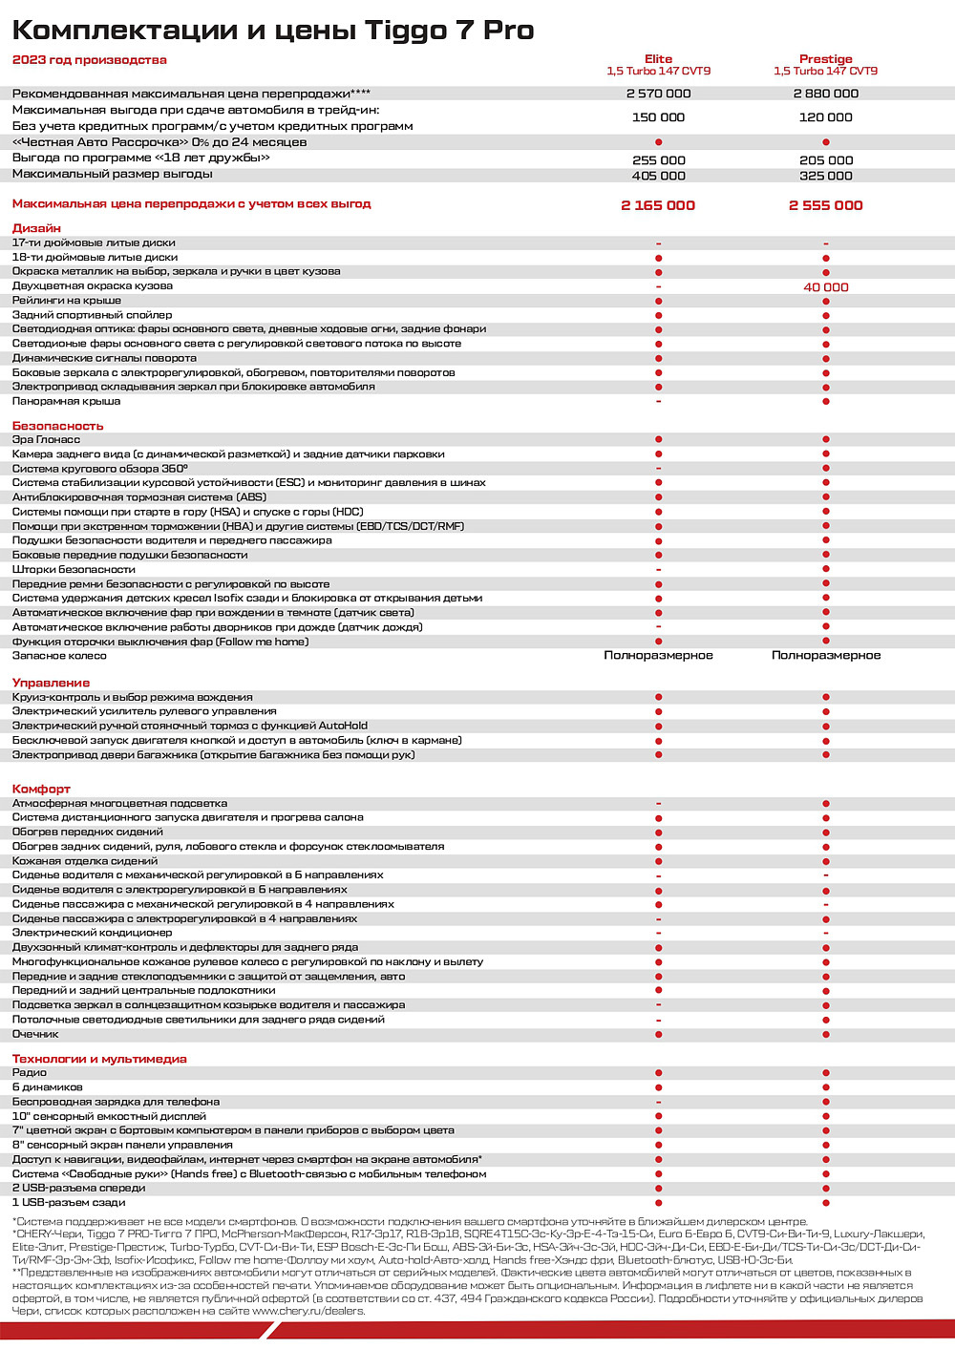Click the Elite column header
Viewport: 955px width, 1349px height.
[658, 59]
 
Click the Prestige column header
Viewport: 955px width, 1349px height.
[825, 59]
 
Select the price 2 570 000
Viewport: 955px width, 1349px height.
[658, 94]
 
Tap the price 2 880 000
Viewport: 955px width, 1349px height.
[825, 94]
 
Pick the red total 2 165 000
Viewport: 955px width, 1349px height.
[658, 205]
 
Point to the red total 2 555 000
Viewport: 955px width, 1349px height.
[825, 205]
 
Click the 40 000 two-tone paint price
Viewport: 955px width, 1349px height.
[825, 286]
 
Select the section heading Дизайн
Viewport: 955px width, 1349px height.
[36, 228]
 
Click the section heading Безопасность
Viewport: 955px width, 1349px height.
[57, 426]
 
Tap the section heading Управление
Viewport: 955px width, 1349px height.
[51, 683]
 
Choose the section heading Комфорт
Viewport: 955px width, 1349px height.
[41, 789]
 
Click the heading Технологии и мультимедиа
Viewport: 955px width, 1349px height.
[99, 1059]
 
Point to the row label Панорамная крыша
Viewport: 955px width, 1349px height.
[66, 401]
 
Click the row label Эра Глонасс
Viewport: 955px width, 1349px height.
[46, 439]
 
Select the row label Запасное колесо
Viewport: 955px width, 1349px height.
[59, 656]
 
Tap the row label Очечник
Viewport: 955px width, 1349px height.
[35, 1034]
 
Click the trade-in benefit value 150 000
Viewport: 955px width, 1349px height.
[658, 117]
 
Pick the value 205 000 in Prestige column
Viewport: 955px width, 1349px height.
[825, 160]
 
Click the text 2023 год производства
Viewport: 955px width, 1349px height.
[89, 60]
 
